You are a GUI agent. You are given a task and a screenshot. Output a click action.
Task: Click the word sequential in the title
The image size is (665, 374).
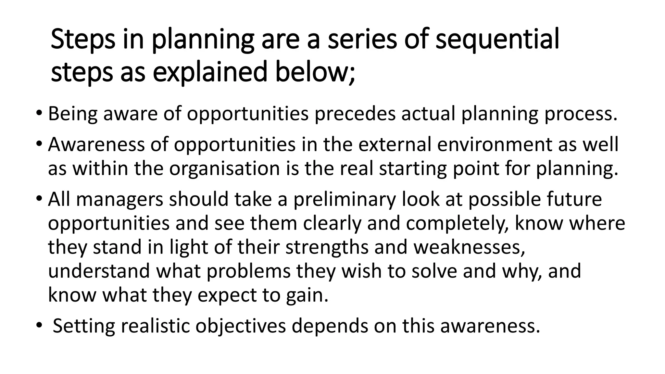click(497, 40)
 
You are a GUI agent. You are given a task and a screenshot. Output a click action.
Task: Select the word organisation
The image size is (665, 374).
click(224, 168)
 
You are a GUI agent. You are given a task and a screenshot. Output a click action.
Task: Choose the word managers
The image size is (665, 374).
click(119, 199)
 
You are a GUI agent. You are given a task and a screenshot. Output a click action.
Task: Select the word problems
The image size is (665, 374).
click(248, 271)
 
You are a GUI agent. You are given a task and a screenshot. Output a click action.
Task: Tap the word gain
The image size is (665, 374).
click(307, 295)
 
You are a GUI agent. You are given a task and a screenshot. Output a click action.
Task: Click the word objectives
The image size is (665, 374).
click(241, 326)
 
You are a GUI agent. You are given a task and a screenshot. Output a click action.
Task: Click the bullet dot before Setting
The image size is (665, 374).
click(39, 325)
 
